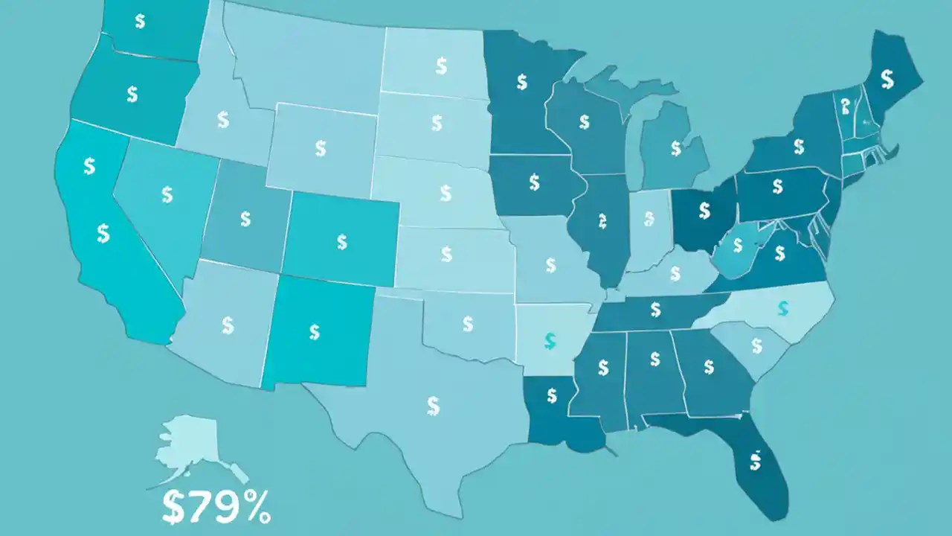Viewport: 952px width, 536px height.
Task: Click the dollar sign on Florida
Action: point(755,462)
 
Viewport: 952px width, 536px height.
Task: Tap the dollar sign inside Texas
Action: point(434,406)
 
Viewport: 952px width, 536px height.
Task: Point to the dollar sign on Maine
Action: point(887,77)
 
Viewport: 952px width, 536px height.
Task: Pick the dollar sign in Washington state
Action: point(140,20)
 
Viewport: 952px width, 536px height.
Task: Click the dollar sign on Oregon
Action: point(132,94)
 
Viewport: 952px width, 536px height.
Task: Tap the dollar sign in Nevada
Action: point(167,194)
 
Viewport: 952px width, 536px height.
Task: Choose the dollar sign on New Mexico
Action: point(315,331)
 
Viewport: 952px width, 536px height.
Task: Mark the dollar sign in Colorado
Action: point(341,241)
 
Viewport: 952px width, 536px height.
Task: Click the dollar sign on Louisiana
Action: point(551,396)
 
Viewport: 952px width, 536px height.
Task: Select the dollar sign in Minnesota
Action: point(522,82)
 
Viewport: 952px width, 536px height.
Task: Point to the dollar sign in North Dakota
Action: point(441,67)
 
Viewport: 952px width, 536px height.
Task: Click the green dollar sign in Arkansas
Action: point(550,341)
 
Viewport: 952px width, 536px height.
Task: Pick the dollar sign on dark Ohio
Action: point(704,211)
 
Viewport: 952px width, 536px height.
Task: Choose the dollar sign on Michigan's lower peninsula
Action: point(675,148)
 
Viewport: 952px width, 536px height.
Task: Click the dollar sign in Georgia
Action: point(708,366)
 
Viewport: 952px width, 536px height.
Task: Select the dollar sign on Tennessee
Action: point(655,307)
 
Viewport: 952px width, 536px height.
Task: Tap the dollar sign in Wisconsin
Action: point(584,121)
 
